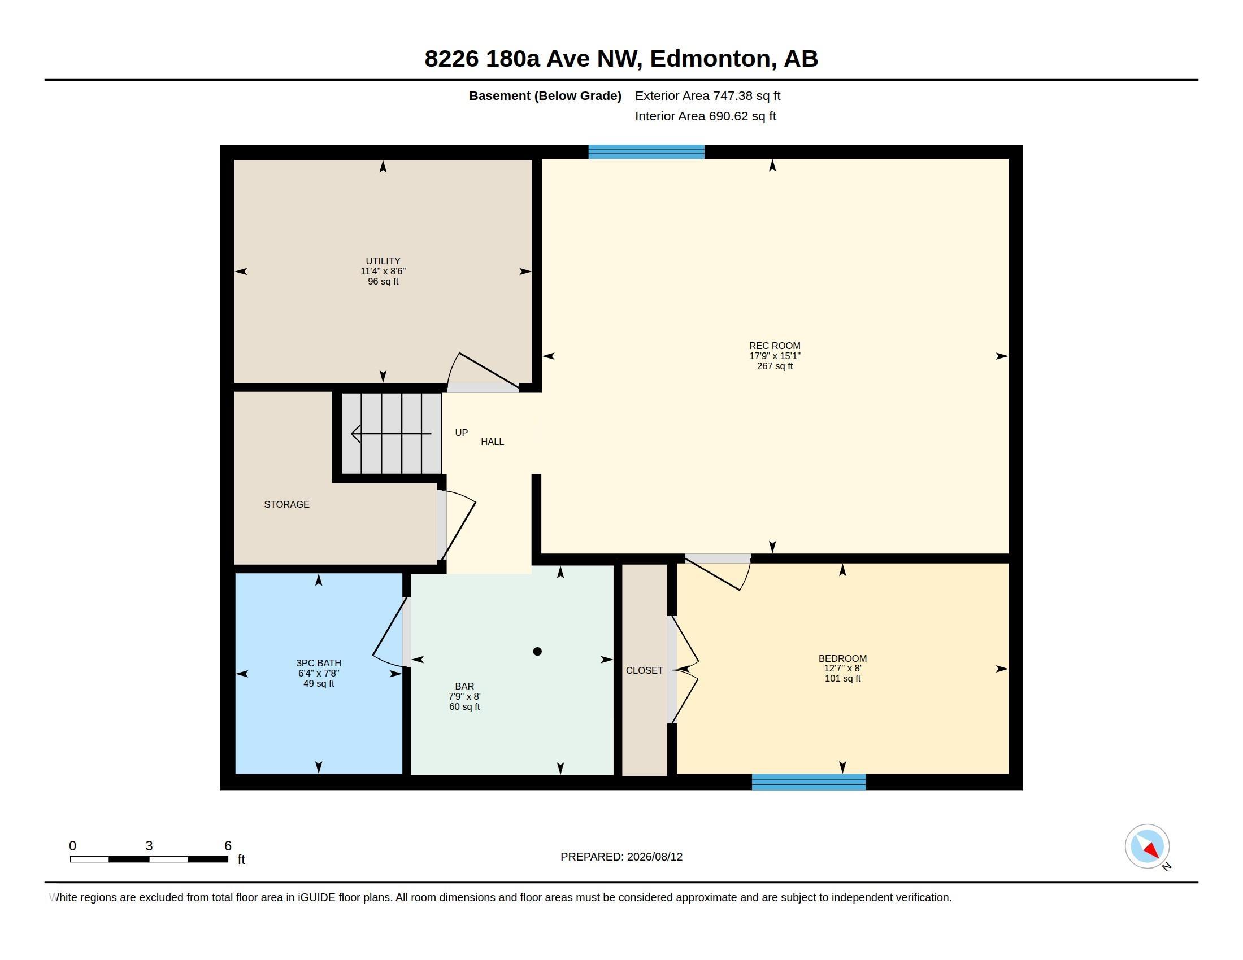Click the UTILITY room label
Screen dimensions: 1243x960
pyautogui.click(x=383, y=261)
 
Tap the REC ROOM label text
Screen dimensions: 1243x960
pyautogui.click(x=775, y=346)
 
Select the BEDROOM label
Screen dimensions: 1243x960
pyautogui.click(x=842, y=658)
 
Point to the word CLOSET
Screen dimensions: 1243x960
pyautogui.click(x=644, y=670)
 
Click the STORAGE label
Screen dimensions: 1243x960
pyautogui.click(x=287, y=504)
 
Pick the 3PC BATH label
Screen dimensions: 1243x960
pyautogui.click(x=319, y=663)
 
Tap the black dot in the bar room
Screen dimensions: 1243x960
pyautogui.click(x=537, y=652)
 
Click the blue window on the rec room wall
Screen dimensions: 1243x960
pyautogui.click(x=646, y=151)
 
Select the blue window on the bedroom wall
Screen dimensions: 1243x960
pyautogui.click(x=809, y=782)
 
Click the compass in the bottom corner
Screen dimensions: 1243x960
pyautogui.click(x=1147, y=846)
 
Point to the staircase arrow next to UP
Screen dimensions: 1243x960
pyautogui.click(x=392, y=434)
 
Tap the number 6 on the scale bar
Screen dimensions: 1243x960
pyautogui.click(x=228, y=846)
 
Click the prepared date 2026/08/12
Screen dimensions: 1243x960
pyautogui.click(x=654, y=857)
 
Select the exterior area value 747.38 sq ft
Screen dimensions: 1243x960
pyautogui.click(x=747, y=95)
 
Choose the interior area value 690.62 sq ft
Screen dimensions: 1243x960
pyautogui.click(x=742, y=116)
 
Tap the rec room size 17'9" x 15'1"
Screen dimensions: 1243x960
pyautogui.click(x=775, y=356)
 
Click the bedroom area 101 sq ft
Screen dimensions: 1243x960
pyautogui.click(x=842, y=678)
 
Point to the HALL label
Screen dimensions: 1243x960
pyautogui.click(x=492, y=442)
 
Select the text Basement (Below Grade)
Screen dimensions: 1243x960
pyautogui.click(x=545, y=95)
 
